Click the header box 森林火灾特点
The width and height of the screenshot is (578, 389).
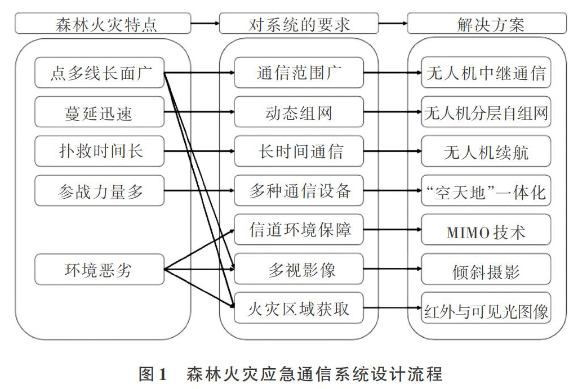[x=103, y=24]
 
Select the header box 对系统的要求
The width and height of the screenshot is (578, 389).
[x=299, y=24]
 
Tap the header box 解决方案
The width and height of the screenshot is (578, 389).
[x=487, y=24]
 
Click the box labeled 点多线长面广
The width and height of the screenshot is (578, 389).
[x=100, y=73]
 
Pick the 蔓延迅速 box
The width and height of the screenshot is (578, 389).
[x=100, y=112]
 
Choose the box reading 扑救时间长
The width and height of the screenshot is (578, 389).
[x=100, y=151]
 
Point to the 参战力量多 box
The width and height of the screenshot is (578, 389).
[x=100, y=190]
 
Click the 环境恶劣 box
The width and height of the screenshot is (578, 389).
[x=100, y=269]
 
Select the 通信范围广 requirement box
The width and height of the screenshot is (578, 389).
[x=299, y=73]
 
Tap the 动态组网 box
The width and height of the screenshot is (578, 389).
[x=299, y=112]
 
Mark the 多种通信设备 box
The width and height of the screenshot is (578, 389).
[x=299, y=190]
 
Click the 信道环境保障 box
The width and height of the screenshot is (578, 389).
[x=299, y=230]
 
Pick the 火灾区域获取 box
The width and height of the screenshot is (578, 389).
[x=299, y=308]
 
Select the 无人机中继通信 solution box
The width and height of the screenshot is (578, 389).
[x=486, y=73]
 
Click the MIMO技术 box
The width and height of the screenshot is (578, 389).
[x=486, y=230]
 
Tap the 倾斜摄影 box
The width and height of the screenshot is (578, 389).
[x=486, y=269]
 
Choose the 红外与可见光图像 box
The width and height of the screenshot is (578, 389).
[x=486, y=308]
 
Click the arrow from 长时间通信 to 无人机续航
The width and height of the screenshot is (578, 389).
[x=393, y=151]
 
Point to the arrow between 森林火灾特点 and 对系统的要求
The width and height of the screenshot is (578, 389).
[x=205, y=24]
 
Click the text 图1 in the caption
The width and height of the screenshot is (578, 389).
[x=153, y=374]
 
